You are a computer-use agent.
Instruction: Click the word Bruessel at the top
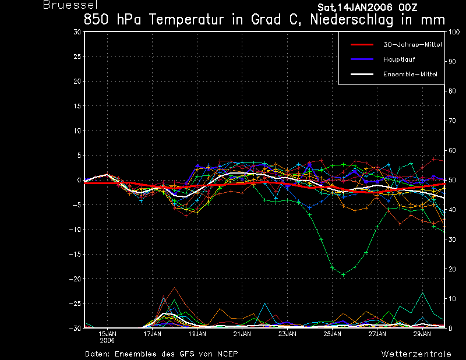[70, 5]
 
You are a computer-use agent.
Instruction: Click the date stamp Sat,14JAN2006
[355, 7]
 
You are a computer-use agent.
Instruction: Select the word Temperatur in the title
[186, 20]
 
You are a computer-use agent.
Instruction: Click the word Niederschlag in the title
[352, 20]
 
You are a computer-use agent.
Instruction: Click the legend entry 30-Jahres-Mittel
[412, 45]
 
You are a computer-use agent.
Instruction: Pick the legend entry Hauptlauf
[399, 59]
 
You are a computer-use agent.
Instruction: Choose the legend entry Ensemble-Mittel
[410, 74]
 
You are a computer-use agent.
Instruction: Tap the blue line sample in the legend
[362, 59]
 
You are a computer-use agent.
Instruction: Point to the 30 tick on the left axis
[77, 32]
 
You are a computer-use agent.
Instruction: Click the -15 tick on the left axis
[75, 254]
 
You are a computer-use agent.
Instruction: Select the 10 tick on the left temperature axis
[77, 130]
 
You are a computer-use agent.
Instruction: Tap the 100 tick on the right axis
[454, 32]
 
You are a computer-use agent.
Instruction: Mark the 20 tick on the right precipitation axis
[452, 269]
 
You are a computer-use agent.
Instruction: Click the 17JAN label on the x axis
[152, 334]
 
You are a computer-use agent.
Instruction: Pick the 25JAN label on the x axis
[332, 334]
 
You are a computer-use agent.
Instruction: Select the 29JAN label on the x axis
[422, 334]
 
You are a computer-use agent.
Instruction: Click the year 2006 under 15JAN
[107, 341]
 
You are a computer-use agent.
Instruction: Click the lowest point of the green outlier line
[344, 274]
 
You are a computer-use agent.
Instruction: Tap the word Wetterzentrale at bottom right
[416, 354]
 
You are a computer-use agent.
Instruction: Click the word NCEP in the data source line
[227, 354]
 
